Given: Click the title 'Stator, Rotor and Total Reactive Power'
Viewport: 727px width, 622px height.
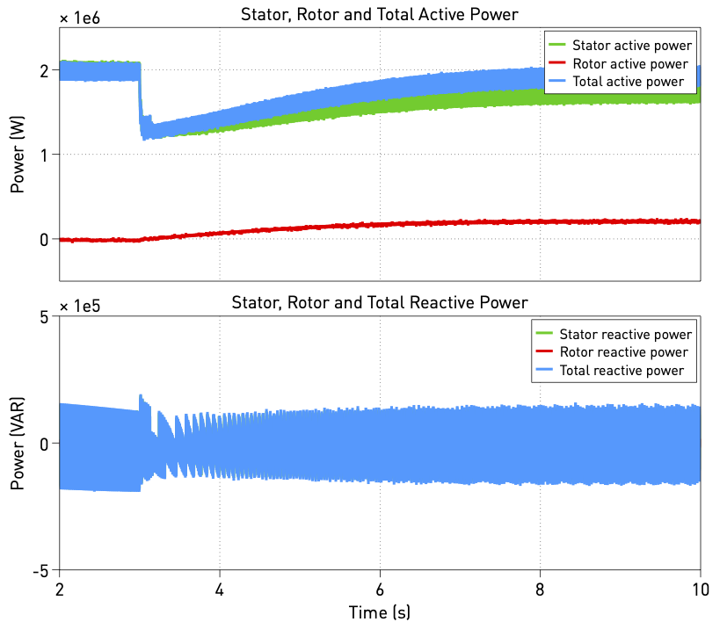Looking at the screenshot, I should (380, 303).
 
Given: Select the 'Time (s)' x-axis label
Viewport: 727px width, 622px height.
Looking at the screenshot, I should (380, 611).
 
